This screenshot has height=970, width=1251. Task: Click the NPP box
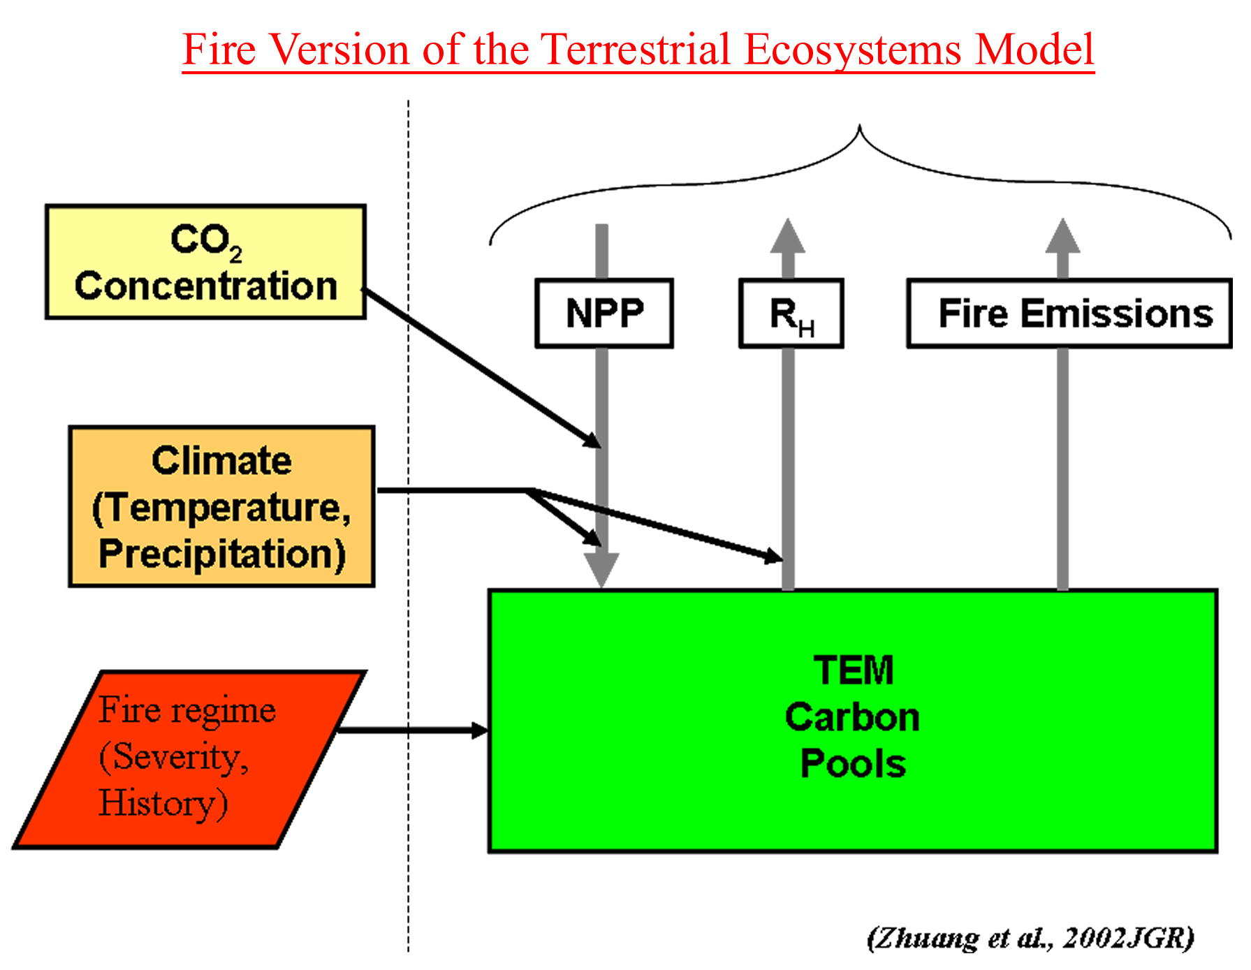604,314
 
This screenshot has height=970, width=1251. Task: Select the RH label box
791,314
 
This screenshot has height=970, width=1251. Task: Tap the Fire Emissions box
1069,314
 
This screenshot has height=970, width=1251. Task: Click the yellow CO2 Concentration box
205,262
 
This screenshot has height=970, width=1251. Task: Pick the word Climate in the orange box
221,461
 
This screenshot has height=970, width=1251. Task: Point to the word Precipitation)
222,554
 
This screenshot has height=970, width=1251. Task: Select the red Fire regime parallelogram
189,759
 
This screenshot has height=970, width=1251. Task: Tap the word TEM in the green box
854,670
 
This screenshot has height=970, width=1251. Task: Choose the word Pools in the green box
853,763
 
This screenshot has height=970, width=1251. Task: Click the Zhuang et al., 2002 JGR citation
1030,938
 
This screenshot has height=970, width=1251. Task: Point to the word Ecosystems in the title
853,50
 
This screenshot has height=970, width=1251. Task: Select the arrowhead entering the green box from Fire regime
480,730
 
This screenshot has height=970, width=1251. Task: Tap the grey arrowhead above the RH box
788,236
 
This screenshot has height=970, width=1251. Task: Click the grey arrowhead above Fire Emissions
1062,236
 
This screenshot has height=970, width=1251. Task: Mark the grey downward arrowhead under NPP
601,571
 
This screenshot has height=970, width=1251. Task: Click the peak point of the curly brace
859,126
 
